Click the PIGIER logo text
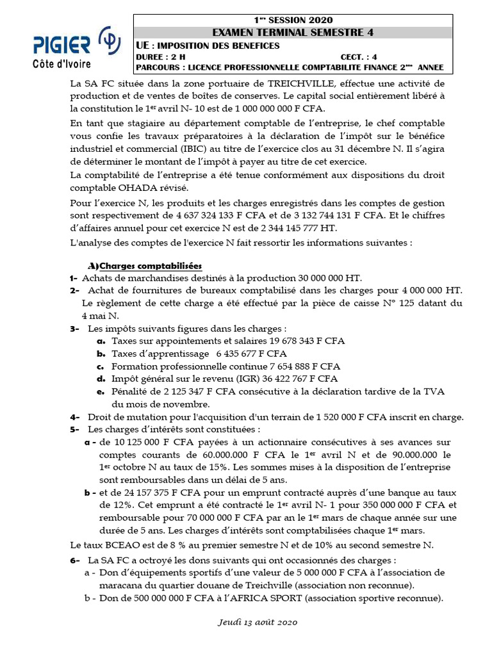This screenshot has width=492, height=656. (x=61, y=45)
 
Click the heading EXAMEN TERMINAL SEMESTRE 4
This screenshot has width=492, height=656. (x=292, y=32)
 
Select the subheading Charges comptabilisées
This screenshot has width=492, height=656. (x=151, y=266)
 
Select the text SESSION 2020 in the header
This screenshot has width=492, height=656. (x=300, y=20)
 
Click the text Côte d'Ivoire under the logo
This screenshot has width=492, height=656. (x=61, y=63)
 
